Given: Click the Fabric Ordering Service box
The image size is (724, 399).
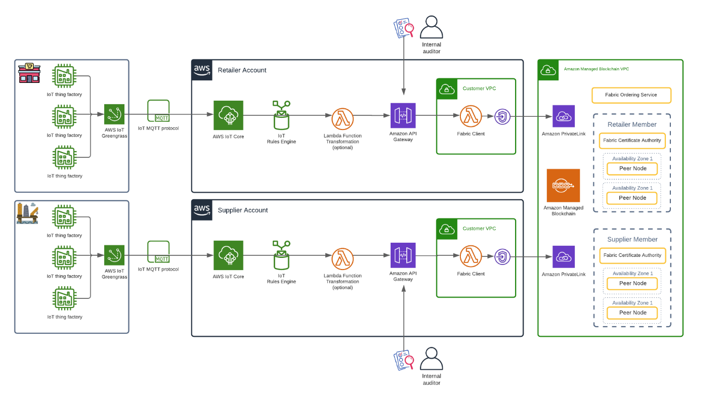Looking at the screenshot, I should (x=631, y=95).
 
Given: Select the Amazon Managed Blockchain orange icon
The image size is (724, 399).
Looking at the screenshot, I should (x=563, y=186).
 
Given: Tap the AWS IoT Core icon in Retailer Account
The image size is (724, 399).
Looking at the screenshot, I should (x=228, y=116).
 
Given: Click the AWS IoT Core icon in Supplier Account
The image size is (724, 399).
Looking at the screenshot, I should (x=228, y=255).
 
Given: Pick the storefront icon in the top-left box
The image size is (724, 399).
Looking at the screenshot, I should (x=29, y=72).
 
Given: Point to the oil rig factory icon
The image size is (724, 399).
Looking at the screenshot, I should (x=27, y=213).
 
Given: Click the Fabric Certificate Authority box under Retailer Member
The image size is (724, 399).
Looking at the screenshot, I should (x=632, y=141).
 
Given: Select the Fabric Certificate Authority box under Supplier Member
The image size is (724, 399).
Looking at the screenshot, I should (x=632, y=255).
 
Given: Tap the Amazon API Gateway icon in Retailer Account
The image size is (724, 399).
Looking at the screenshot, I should (x=403, y=116).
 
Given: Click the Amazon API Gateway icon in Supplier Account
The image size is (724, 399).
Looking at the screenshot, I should (x=403, y=255).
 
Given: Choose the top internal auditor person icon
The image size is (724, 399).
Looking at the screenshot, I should (x=432, y=28).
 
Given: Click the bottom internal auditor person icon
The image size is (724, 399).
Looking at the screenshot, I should (x=432, y=359).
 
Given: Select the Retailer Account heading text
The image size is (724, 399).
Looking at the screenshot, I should (x=242, y=70).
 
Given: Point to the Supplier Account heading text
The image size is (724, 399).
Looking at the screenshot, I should (x=243, y=210).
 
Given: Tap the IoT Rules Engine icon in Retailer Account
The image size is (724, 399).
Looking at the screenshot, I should (x=281, y=116).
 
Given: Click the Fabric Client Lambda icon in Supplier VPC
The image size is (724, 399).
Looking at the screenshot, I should (x=471, y=256).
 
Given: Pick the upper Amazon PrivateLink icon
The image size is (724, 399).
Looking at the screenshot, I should (x=564, y=116).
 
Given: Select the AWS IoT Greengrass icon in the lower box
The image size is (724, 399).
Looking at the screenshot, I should (x=114, y=255).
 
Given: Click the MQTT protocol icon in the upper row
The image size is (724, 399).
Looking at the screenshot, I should (x=158, y=111).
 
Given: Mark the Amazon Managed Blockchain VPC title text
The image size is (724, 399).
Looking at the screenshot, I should (x=597, y=69).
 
